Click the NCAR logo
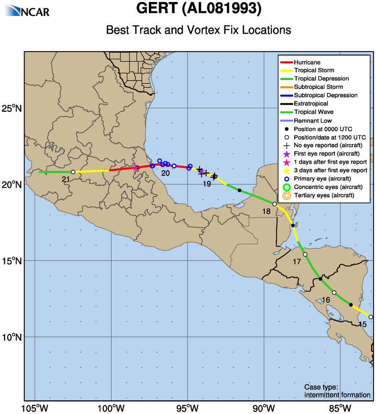pyautogui.click(x=28, y=10)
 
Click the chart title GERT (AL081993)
pyautogui.click(x=199, y=9)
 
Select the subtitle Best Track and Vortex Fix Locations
pyautogui.click(x=198, y=30)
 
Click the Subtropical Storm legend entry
pyautogui.click(x=318, y=87)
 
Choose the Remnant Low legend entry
pyautogui.click(x=312, y=121)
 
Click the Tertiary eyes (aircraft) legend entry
pyautogui.click(x=324, y=195)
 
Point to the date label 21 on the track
pyautogui.click(x=66, y=179)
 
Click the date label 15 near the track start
pyautogui.click(x=362, y=324)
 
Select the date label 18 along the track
pyautogui.click(x=267, y=211)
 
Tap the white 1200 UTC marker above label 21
pyautogui.click(x=73, y=172)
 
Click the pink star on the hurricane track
pyautogui.click(x=135, y=168)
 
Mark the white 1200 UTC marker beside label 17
pyautogui.click(x=305, y=254)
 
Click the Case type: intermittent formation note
pyautogui.click(x=337, y=391)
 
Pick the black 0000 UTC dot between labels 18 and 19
pyautogui.click(x=239, y=190)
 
